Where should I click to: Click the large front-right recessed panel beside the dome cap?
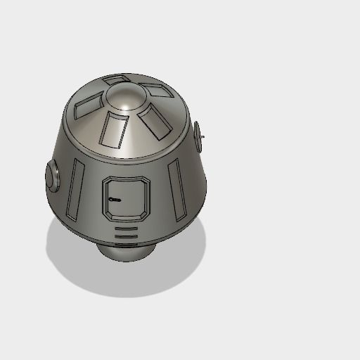155,121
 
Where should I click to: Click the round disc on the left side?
53,176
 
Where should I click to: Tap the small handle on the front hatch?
114,201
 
